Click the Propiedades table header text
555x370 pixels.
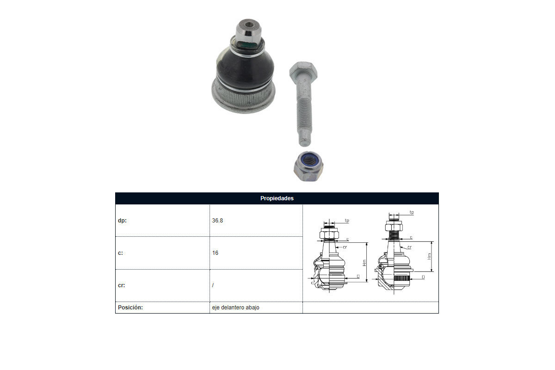(x=277, y=198)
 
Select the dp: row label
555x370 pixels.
(x=122, y=220)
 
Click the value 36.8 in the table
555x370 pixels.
(x=217, y=220)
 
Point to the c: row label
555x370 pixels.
(x=120, y=253)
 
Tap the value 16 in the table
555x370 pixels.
(x=215, y=253)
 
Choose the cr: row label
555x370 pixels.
(x=121, y=285)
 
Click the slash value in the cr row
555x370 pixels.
(x=213, y=285)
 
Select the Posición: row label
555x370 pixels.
(x=130, y=307)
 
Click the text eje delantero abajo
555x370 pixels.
(x=235, y=307)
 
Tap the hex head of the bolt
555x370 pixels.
(x=303, y=71)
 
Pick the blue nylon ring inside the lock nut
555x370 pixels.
(x=308, y=160)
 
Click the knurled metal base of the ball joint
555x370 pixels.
(x=244, y=98)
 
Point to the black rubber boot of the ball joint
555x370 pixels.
(x=245, y=69)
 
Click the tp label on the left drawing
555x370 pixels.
(x=347, y=220)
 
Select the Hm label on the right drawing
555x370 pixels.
(x=429, y=256)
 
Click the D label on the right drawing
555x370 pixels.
(x=423, y=277)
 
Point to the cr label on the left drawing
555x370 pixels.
(x=345, y=247)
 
